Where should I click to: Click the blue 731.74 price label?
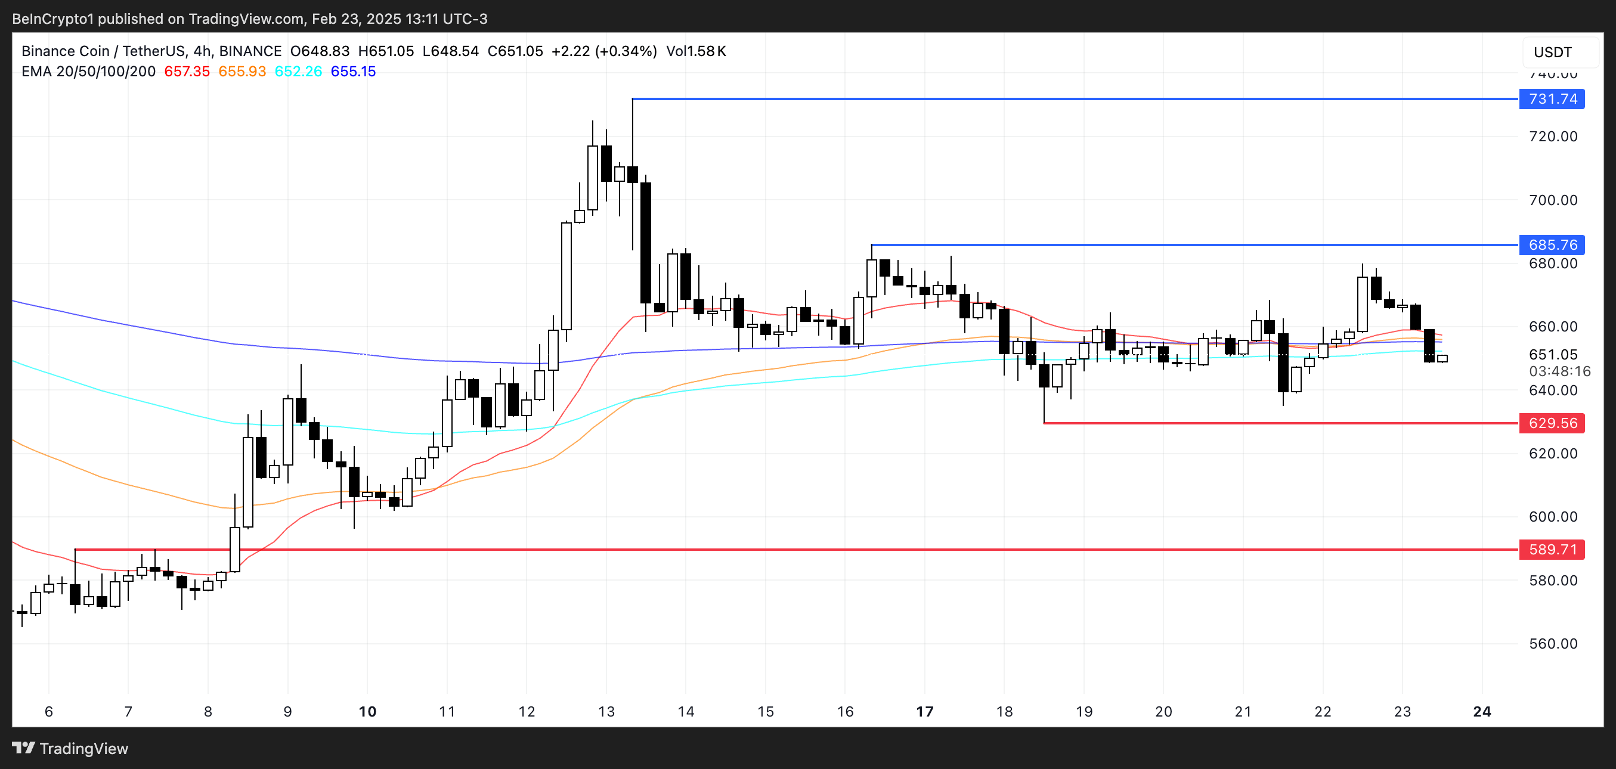1552,99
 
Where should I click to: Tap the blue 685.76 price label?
1552,244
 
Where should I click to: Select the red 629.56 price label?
1552,423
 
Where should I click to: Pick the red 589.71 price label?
1552,550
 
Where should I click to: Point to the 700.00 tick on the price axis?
1553,200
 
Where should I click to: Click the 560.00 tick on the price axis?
1553,644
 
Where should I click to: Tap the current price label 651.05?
1553,354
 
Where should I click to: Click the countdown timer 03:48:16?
1559,371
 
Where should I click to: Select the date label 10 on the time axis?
367,711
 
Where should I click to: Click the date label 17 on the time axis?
925,711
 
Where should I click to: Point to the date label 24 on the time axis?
1482,711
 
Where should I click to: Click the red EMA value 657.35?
187,72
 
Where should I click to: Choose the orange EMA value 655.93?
242,72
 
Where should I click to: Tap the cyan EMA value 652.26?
298,72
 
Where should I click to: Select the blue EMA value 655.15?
353,72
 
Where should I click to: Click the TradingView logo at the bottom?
70,748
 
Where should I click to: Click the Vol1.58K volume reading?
696,51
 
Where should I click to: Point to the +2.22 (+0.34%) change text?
603,51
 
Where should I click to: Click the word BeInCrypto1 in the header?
52,19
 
